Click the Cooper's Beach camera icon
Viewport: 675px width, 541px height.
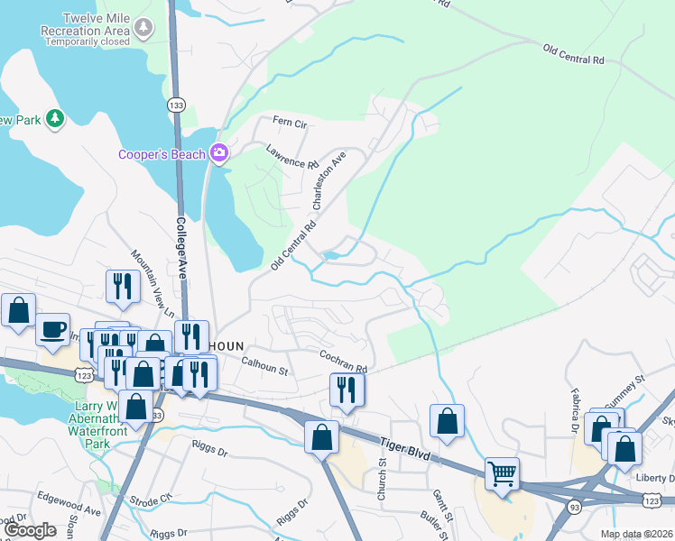218,153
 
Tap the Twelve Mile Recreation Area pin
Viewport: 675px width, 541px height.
143,30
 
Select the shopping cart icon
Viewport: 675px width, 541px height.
503,472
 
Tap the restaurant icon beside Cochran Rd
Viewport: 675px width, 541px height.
347,390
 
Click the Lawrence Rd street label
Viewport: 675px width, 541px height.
293,159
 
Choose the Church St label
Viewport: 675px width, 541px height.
382,479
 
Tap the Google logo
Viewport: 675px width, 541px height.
31,529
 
